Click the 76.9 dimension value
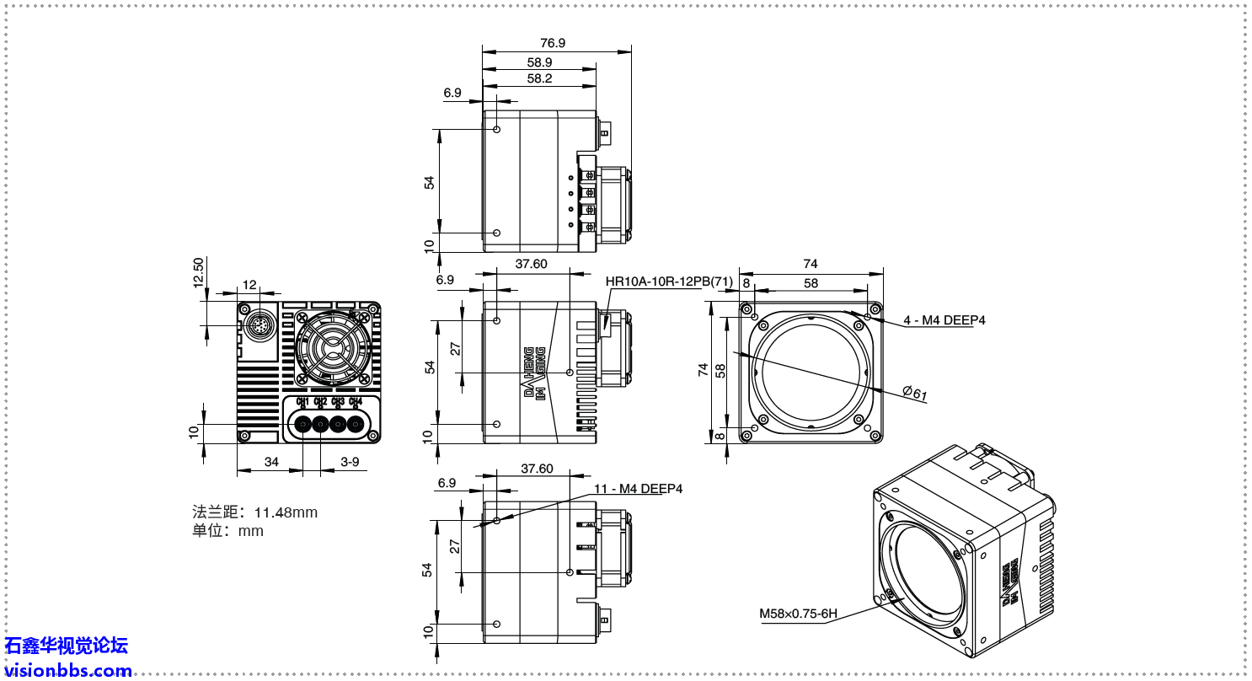(553, 43)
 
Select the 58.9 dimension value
(539, 62)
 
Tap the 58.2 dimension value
(539, 78)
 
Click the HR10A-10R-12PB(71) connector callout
(669, 281)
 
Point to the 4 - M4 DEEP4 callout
(944, 320)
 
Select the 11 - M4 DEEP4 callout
(638, 489)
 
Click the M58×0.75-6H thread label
(798, 614)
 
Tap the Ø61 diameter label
(914, 393)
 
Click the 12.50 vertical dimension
(198, 273)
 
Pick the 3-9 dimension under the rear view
(350, 462)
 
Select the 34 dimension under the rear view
(271, 462)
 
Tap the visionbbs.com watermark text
(68, 671)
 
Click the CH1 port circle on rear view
(302, 424)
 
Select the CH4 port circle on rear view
(356, 424)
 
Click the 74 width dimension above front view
(811, 264)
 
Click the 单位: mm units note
(227, 531)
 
